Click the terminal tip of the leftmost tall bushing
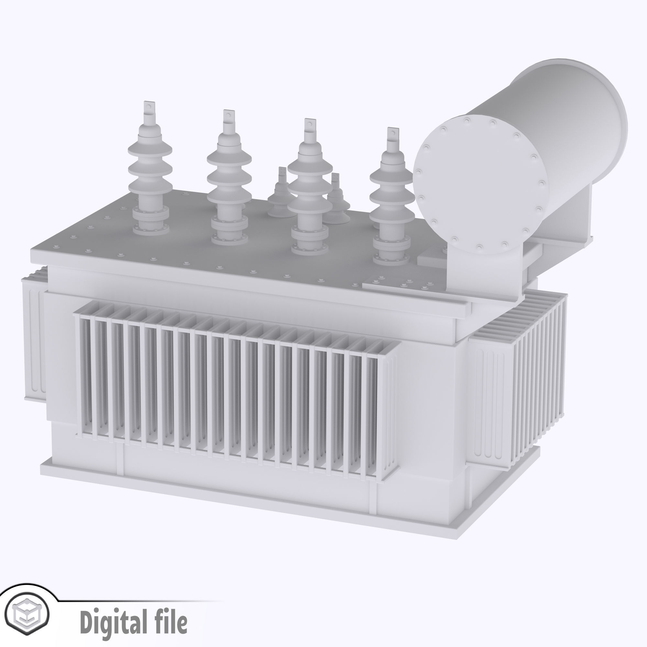coord(148,107)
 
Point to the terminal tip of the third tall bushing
coord(310,125)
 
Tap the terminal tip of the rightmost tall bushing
coord(392,134)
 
